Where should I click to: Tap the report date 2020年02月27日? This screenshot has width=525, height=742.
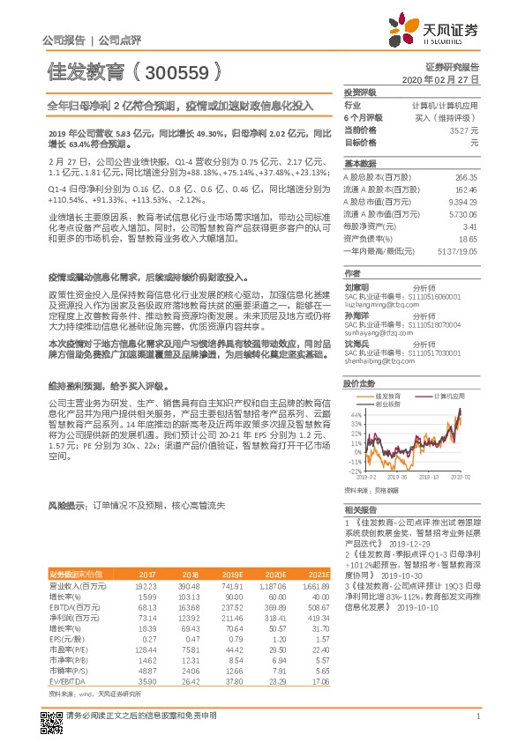[x=446, y=79]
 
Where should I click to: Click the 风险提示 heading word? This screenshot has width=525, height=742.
[x=65, y=506]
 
